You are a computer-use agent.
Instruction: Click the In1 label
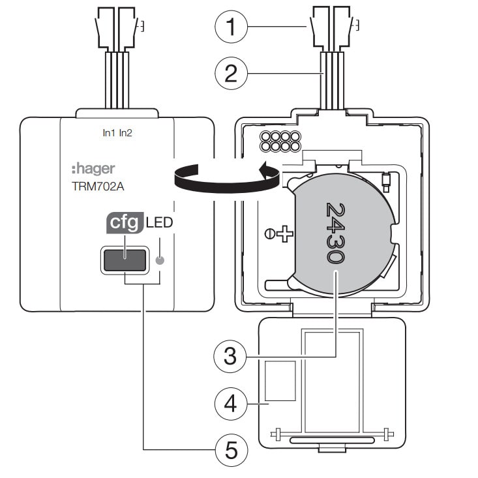pyautogui.click(x=108, y=133)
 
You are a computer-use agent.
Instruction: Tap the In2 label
pyautogui.click(x=126, y=133)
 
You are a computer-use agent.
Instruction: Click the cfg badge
pyautogui.click(x=123, y=223)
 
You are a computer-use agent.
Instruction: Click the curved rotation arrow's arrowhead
pyautogui.click(x=267, y=171)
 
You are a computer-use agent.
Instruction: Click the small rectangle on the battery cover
pyautogui.click(x=280, y=380)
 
